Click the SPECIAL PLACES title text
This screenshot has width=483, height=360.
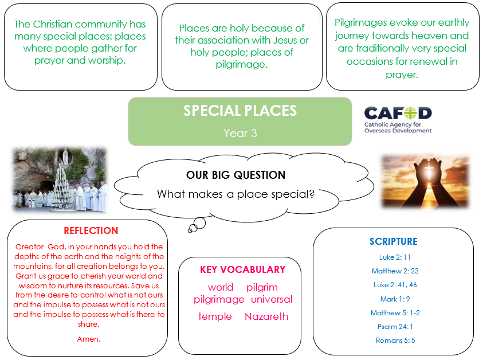pyautogui.click(x=240, y=111)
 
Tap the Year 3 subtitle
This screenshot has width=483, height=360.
pyautogui.click(x=240, y=133)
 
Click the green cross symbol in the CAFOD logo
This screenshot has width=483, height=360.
pyautogui.click(x=410, y=113)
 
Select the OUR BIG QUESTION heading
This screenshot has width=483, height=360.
pyautogui.click(x=236, y=175)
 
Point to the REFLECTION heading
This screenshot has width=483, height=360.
pyautogui.click(x=91, y=230)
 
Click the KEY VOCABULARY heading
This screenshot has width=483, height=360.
pyautogui.click(x=243, y=269)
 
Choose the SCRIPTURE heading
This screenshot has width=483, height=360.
pyautogui.click(x=394, y=241)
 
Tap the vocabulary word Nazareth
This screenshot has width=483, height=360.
pyautogui.click(x=266, y=316)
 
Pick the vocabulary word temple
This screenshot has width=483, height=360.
pyautogui.click(x=215, y=316)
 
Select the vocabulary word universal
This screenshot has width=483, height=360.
pyautogui.click(x=272, y=299)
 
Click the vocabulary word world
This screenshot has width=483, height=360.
pyautogui.click(x=221, y=287)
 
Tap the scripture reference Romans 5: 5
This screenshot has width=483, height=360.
pyautogui.click(x=395, y=341)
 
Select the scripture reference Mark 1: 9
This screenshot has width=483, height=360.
pyautogui.click(x=395, y=299)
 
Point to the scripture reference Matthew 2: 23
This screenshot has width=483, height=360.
pyautogui.click(x=395, y=271)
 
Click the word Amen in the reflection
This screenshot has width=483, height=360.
pyautogui.click(x=89, y=339)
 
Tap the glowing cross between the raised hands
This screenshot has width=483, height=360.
pyautogui.click(x=429, y=170)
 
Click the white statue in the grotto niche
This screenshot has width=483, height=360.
pyautogui.click(x=65, y=156)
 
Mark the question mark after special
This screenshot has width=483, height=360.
pyautogui.click(x=312, y=194)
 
